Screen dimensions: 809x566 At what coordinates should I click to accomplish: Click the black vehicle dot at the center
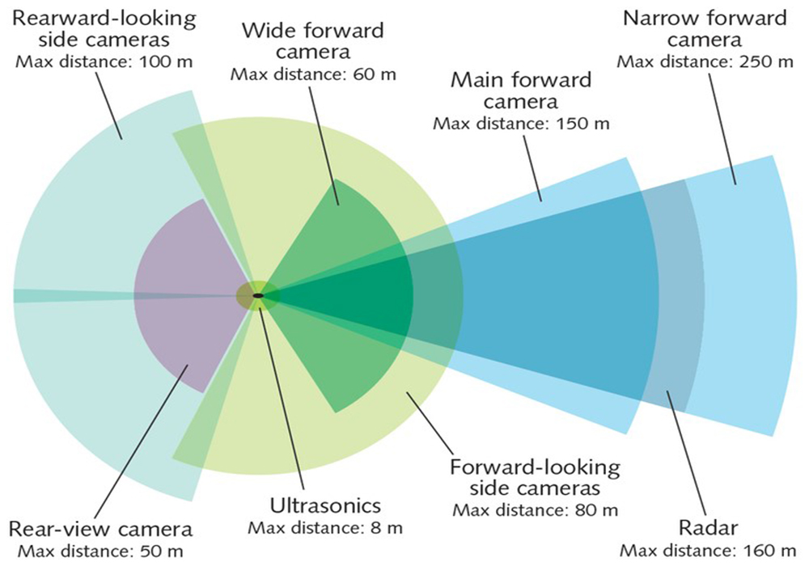pos(258,295)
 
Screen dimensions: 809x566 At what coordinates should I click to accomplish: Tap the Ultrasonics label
pos(325,505)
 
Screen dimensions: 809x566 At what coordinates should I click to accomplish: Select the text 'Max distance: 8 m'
pos(325,528)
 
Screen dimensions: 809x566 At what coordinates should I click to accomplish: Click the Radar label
pos(708,528)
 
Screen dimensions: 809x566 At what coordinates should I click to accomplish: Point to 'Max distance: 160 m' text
pos(708,551)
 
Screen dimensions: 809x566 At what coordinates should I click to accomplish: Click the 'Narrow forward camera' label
pos(705,29)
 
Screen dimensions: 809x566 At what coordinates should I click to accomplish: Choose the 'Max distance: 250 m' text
pos(705,62)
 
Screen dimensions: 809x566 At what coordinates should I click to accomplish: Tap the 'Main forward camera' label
pos(521,91)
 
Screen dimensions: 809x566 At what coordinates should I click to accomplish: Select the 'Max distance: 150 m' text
pos(521,124)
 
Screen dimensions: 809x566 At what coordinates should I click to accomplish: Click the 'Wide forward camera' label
pos(313,41)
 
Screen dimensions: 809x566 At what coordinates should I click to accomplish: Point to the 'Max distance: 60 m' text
pos(313,74)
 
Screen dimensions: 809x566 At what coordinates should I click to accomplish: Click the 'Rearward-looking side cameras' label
pos(104,29)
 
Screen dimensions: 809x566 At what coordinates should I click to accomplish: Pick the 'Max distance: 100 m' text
pos(104,62)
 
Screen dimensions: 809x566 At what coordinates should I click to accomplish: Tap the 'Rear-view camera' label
pos(100,529)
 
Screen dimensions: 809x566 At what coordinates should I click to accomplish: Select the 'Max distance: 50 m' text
pos(100,551)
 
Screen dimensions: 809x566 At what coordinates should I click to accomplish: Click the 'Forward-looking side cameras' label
pos(535,477)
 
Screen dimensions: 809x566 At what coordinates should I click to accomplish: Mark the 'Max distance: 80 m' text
pos(535,510)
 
